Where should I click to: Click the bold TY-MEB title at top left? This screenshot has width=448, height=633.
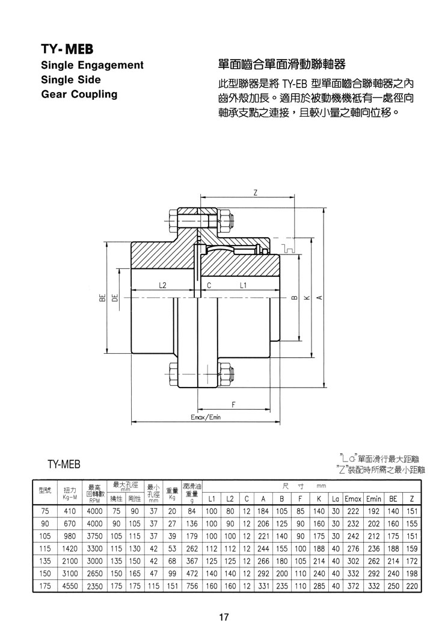point(67,49)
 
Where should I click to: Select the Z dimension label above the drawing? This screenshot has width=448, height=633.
point(255,193)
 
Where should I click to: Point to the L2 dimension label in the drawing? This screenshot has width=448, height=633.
point(162,285)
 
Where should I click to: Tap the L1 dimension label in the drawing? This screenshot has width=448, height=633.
point(243,285)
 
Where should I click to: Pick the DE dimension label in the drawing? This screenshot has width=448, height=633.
point(115,298)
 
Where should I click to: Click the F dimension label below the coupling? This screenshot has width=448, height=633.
point(234,404)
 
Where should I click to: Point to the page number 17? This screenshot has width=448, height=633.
point(224,617)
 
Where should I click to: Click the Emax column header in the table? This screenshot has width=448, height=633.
point(353,499)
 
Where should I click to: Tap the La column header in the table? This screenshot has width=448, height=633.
point(336,499)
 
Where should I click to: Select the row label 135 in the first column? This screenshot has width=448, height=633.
point(45,561)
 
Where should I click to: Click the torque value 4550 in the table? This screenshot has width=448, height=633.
point(70,586)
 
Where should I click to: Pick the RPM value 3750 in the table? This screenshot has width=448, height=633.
point(94,536)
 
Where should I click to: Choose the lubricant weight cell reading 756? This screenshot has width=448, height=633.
point(192,586)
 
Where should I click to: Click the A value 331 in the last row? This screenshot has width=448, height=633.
point(263,586)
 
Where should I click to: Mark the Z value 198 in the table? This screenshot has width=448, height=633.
point(412,573)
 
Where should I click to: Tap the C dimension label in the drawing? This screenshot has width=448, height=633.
point(209,285)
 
